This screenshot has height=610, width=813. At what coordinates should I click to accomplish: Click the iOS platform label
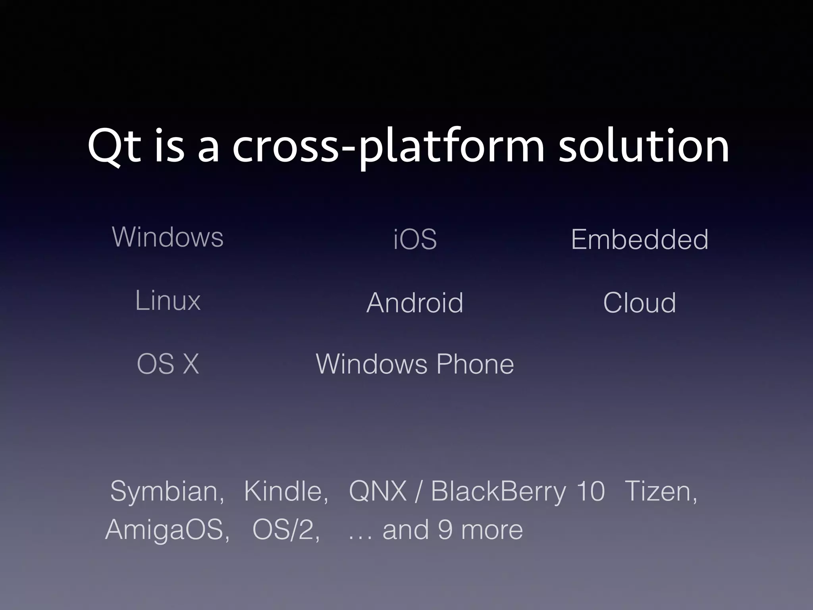pyautogui.click(x=415, y=239)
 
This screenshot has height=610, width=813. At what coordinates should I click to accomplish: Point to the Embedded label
pyautogui.click(x=640, y=239)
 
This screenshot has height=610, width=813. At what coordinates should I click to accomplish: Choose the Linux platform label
pyautogui.click(x=168, y=300)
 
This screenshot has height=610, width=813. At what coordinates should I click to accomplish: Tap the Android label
pyautogui.click(x=415, y=303)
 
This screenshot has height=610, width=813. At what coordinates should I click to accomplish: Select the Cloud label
pyautogui.click(x=639, y=303)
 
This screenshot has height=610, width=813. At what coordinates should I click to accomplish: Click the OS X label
pyautogui.click(x=168, y=364)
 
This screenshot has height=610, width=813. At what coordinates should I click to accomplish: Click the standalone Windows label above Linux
pyautogui.click(x=168, y=237)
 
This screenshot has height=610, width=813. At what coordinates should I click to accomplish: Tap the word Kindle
pyautogui.click(x=285, y=492)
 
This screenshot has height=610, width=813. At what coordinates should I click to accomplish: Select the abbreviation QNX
pyautogui.click(x=378, y=492)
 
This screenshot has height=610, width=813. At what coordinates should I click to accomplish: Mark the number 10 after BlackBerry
pyautogui.click(x=590, y=492)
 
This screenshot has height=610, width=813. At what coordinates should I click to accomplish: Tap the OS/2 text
pyautogui.click(x=285, y=530)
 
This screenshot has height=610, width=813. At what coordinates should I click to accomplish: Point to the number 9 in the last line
pyautogui.click(x=445, y=530)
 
